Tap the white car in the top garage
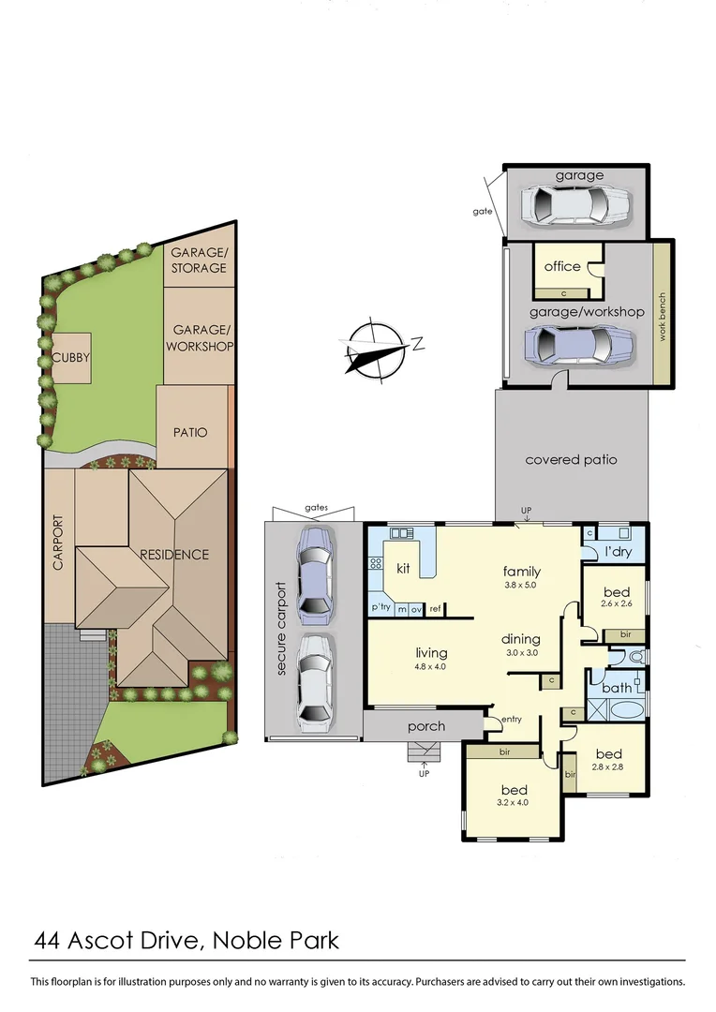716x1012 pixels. tap(574, 204)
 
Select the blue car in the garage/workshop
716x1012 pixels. tap(580, 346)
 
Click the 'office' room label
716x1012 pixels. tap(562, 266)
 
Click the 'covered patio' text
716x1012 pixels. tap(571, 459)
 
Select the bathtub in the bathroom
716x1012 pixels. tap(617, 706)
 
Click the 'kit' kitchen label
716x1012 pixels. tap(403, 568)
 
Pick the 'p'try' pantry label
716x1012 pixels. tap(380, 607)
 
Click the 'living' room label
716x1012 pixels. tap(431, 652)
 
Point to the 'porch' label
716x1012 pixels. tap(426, 726)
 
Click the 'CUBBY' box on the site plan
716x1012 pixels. tap(71, 357)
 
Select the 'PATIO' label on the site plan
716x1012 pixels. tap(190, 433)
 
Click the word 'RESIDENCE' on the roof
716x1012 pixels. tap(174, 554)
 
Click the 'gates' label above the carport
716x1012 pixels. tap(316, 507)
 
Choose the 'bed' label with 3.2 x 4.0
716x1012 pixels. tap(515, 789)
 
